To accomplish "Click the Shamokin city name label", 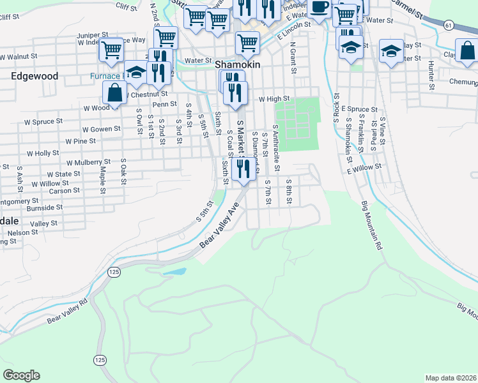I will [x=238, y=65].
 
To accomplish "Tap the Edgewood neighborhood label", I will [x=35, y=76].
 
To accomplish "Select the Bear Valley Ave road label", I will [x=218, y=227].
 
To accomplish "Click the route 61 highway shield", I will [x=449, y=25].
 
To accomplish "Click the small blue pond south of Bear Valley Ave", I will [x=174, y=271].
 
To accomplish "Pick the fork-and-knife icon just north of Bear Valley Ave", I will [x=242, y=169].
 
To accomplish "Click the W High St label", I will [x=274, y=99].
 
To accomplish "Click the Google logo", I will [x=21, y=375].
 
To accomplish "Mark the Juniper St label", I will [x=88, y=34].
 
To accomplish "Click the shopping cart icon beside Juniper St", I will [x=112, y=48].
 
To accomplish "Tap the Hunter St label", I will [x=432, y=75].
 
